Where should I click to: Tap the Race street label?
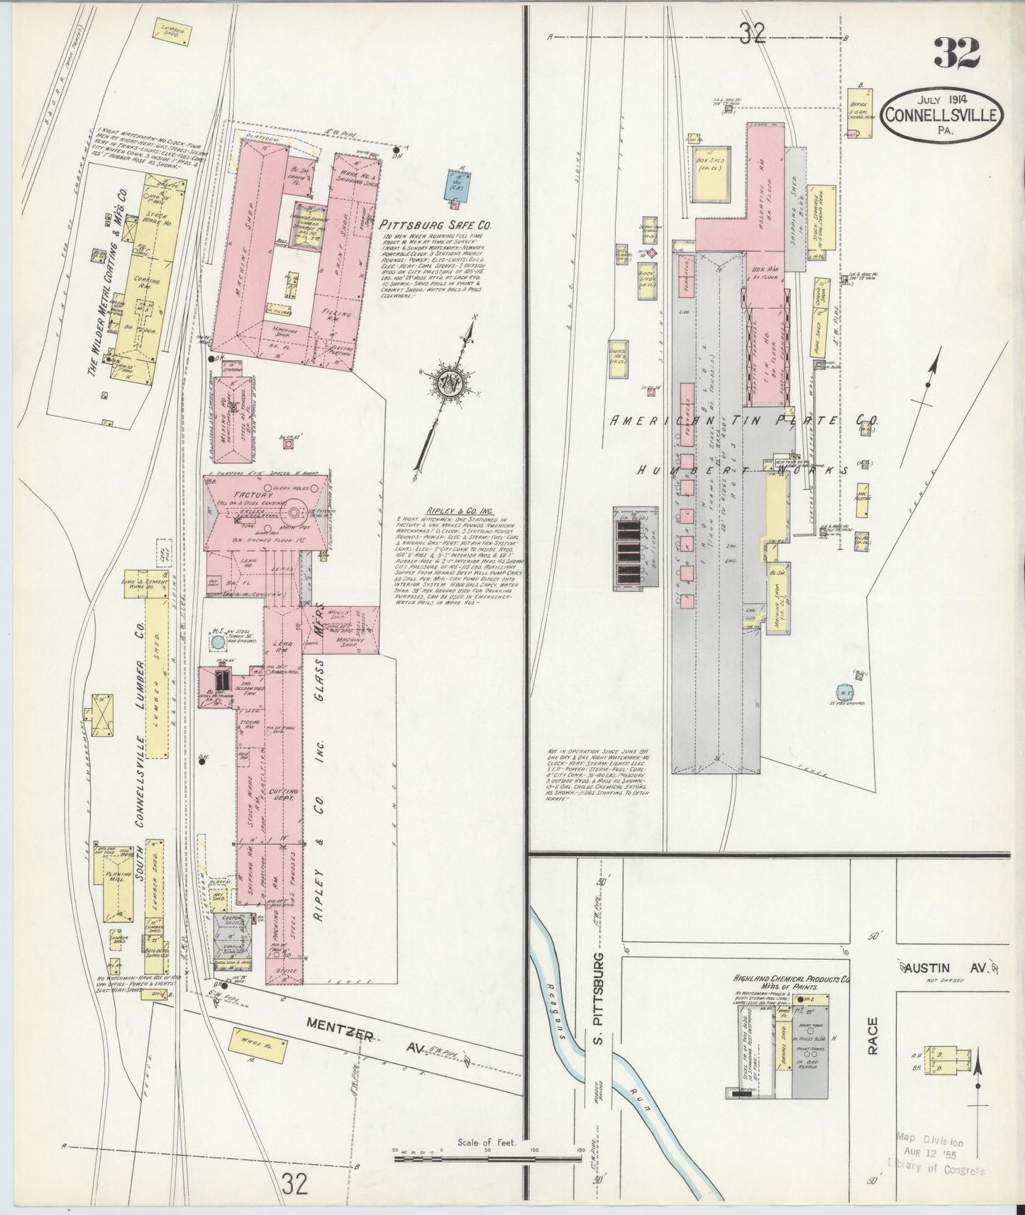pos(872,1036)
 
